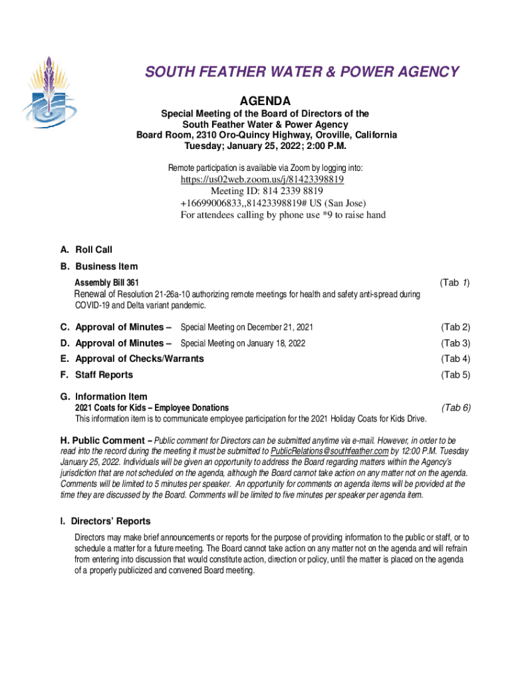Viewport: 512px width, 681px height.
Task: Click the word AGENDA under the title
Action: (x=265, y=101)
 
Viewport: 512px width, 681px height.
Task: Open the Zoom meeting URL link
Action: (x=263, y=180)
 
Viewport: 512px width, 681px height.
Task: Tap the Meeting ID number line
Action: (x=263, y=192)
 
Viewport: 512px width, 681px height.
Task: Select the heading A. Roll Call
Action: (x=86, y=250)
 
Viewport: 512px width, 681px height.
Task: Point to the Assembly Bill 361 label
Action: (x=106, y=283)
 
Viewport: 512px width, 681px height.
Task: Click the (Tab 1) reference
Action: (x=455, y=283)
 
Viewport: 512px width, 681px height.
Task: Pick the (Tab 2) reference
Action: (x=455, y=327)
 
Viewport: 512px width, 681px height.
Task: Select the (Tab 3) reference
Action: (x=455, y=343)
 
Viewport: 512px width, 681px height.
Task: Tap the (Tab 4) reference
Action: (x=455, y=359)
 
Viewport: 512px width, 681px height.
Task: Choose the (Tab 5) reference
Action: (x=455, y=375)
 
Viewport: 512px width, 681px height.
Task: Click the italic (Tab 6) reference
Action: (x=455, y=408)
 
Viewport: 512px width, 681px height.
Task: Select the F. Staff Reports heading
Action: (x=96, y=375)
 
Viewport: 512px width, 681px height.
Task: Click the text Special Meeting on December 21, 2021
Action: (x=247, y=327)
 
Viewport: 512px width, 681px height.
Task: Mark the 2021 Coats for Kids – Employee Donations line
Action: (x=152, y=408)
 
